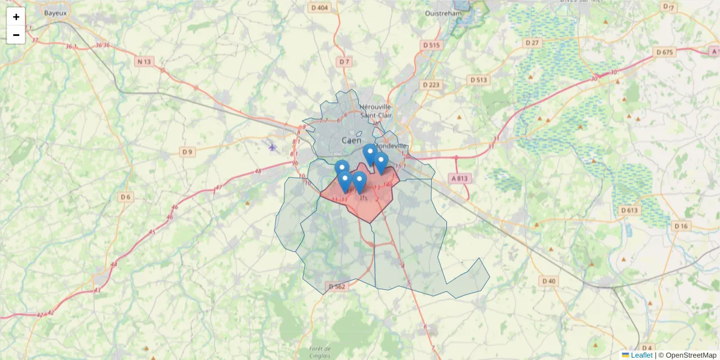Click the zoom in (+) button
(x=16, y=17)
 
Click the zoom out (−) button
(x=16, y=35)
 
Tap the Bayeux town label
(x=55, y=11)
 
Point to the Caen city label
(x=352, y=140)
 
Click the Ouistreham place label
(x=443, y=13)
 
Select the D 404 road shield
(x=320, y=8)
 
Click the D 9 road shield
(x=187, y=152)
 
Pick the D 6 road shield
(x=125, y=197)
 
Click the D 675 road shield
(x=664, y=52)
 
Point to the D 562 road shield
(x=337, y=287)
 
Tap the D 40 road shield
(x=548, y=281)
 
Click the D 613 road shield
(x=629, y=210)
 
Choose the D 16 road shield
(x=680, y=226)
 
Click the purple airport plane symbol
(x=272, y=146)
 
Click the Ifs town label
(x=363, y=197)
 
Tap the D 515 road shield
(x=431, y=45)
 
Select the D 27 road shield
(x=532, y=43)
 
